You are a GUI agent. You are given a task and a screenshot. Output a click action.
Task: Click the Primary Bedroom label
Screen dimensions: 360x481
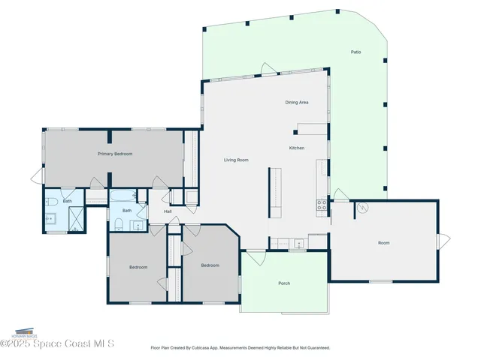115,154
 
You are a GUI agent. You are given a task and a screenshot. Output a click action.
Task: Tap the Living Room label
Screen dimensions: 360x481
236,160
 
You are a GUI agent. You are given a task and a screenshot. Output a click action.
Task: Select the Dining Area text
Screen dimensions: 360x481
297,102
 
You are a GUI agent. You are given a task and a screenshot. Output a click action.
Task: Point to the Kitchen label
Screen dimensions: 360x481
297,148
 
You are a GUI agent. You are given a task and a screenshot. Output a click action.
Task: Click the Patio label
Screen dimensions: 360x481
356,52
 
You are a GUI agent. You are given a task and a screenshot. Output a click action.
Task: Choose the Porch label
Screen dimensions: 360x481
284,283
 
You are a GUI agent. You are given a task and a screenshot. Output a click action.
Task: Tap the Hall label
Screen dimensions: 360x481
168,211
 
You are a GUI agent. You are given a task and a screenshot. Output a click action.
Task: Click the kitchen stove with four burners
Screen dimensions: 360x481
322,203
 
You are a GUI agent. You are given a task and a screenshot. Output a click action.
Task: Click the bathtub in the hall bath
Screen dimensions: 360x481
123,197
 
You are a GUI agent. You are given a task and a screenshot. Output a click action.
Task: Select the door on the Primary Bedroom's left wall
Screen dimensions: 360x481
37,178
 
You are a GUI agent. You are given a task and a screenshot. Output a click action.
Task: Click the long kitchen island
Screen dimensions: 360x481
274,192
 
